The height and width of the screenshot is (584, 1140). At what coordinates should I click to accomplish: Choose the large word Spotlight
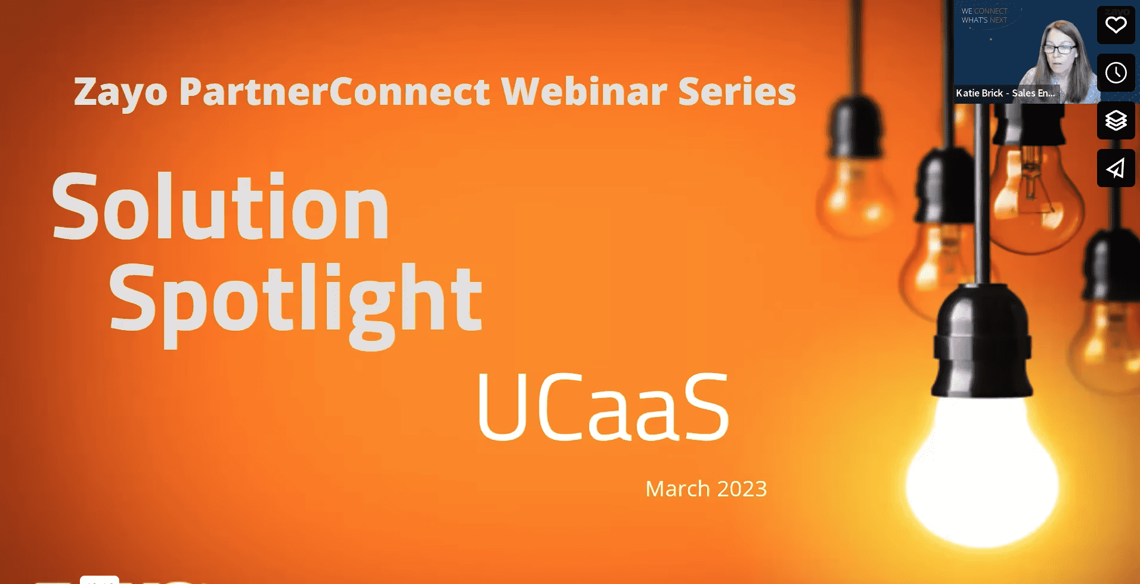coord(295,301)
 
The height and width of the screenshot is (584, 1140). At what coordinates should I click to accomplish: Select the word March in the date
coord(677,489)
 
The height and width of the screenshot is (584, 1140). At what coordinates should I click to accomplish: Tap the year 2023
coord(742,489)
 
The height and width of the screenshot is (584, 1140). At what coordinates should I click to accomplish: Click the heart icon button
coord(1116,25)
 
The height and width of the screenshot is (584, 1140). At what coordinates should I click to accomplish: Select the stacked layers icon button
coord(1116,120)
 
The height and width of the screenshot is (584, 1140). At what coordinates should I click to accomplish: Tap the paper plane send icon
coord(1116,168)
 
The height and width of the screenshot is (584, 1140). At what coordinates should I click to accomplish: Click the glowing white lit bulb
coord(981,471)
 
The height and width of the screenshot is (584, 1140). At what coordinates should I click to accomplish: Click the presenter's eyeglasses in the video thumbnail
coord(1059,49)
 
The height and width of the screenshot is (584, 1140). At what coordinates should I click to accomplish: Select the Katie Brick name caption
coord(1005,93)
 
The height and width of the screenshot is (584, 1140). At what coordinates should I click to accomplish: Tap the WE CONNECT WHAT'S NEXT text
coord(984,15)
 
